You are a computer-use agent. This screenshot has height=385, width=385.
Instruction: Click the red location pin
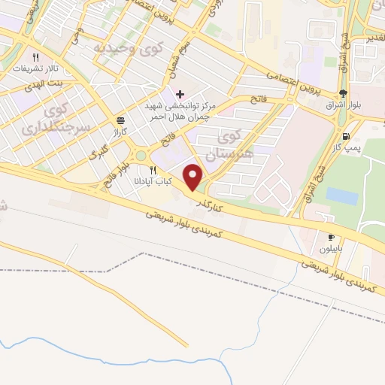[194, 176]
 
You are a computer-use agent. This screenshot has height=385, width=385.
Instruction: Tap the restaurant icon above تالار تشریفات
[35, 56]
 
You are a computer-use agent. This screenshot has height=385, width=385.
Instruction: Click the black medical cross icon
[180, 95]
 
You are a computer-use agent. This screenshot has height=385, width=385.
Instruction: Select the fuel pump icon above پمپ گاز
[346, 136]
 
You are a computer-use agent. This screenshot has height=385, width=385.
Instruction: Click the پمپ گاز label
[347, 148]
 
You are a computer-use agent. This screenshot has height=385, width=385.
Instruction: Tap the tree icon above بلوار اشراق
[344, 94]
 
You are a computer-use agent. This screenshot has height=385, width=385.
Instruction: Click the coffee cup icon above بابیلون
[332, 237]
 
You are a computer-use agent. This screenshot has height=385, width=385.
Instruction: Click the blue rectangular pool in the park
[342, 196]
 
